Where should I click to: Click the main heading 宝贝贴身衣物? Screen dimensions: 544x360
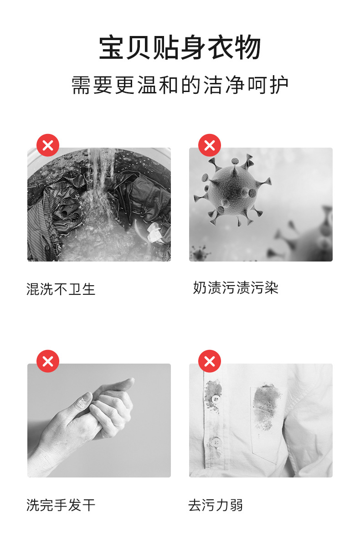[180, 48]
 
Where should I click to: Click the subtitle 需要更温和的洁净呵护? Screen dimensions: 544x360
[180, 85]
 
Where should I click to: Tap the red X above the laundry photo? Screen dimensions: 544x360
[48, 145]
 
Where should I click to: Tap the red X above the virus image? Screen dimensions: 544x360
[210, 145]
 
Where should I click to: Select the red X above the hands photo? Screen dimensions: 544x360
[48, 361]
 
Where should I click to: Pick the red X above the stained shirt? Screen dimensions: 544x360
[210, 361]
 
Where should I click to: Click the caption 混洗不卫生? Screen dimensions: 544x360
[61, 289]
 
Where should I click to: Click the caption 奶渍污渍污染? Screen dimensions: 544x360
[235, 288]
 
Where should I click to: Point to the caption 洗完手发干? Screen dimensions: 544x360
[61, 505]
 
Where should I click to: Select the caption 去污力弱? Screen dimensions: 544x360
[215, 505]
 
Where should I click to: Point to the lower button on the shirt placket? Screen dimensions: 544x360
[215, 441]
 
